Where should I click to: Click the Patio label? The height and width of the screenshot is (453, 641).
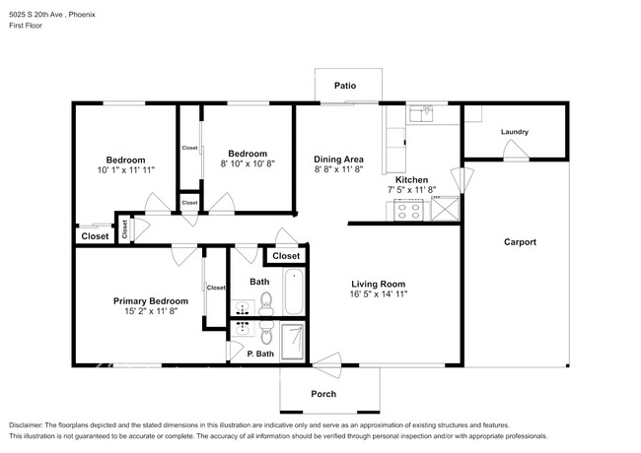click(x=345, y=86)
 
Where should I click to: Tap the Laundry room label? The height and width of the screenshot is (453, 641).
click(x=515, y=132)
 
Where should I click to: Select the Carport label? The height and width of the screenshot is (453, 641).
click(x=520, y=242)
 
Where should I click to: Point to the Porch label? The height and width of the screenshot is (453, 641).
click(x=323, y=394)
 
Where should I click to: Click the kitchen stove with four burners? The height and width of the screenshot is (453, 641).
click(x=409, y=210)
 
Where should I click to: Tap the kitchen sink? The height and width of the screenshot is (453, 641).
click(x=422, y=114)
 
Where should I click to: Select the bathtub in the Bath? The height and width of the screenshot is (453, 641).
click(x=294, y=291)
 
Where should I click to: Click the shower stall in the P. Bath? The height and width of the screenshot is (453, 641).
click(x=293, y=342)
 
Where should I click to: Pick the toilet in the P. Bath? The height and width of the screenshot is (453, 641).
click(x=266, y=333)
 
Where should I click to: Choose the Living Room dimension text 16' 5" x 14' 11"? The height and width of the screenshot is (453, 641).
click(x=379, y=293)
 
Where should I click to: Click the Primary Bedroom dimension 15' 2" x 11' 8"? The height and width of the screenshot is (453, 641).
click(x=151, y=311)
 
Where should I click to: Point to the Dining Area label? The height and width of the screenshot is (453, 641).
click(x=338, y=160)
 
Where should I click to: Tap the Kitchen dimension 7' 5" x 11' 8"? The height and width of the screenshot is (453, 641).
click(x=411, y=190)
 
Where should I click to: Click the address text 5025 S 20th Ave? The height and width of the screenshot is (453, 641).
click(x=36, y=15)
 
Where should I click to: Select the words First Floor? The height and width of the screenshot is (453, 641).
click(x=26, y=26)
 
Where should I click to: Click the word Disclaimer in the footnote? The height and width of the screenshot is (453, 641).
click(x=25, y=425)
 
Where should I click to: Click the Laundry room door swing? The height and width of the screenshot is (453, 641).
click(x=516, y=150)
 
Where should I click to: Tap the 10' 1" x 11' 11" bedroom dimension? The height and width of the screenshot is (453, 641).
click(x=126, y=170)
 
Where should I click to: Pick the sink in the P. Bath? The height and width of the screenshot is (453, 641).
click(x=243, y=329)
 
